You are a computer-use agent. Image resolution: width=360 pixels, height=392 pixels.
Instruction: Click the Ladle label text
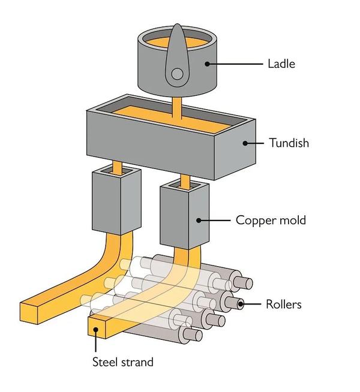(281, 64)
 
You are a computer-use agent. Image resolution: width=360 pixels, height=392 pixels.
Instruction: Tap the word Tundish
(289, 143)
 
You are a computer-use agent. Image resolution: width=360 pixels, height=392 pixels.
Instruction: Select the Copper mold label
(271, 220)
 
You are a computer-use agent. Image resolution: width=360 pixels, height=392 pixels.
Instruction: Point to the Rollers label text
(283, 304)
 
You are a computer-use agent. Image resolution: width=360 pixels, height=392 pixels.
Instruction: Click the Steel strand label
(123, 362)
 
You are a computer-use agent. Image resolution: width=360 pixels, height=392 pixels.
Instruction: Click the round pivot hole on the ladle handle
(177, 74)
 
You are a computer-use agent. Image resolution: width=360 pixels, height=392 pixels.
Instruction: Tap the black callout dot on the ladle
(207, 64)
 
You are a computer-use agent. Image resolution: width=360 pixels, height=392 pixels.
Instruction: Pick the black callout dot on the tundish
(245, 143)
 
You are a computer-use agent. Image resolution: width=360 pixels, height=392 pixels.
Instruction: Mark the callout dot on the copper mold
(199, 221)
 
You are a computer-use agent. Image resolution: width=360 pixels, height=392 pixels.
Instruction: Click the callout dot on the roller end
(241, 304)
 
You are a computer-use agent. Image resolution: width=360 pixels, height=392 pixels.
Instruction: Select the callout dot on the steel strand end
(95, 330)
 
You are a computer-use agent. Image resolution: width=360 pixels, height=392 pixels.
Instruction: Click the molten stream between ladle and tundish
(177, 108)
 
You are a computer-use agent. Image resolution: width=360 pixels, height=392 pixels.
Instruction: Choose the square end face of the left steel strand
(29, 313)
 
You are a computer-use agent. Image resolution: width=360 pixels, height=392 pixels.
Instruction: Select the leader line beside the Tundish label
(254, 143)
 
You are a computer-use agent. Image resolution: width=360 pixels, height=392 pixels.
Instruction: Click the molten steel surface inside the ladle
(177, 42)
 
